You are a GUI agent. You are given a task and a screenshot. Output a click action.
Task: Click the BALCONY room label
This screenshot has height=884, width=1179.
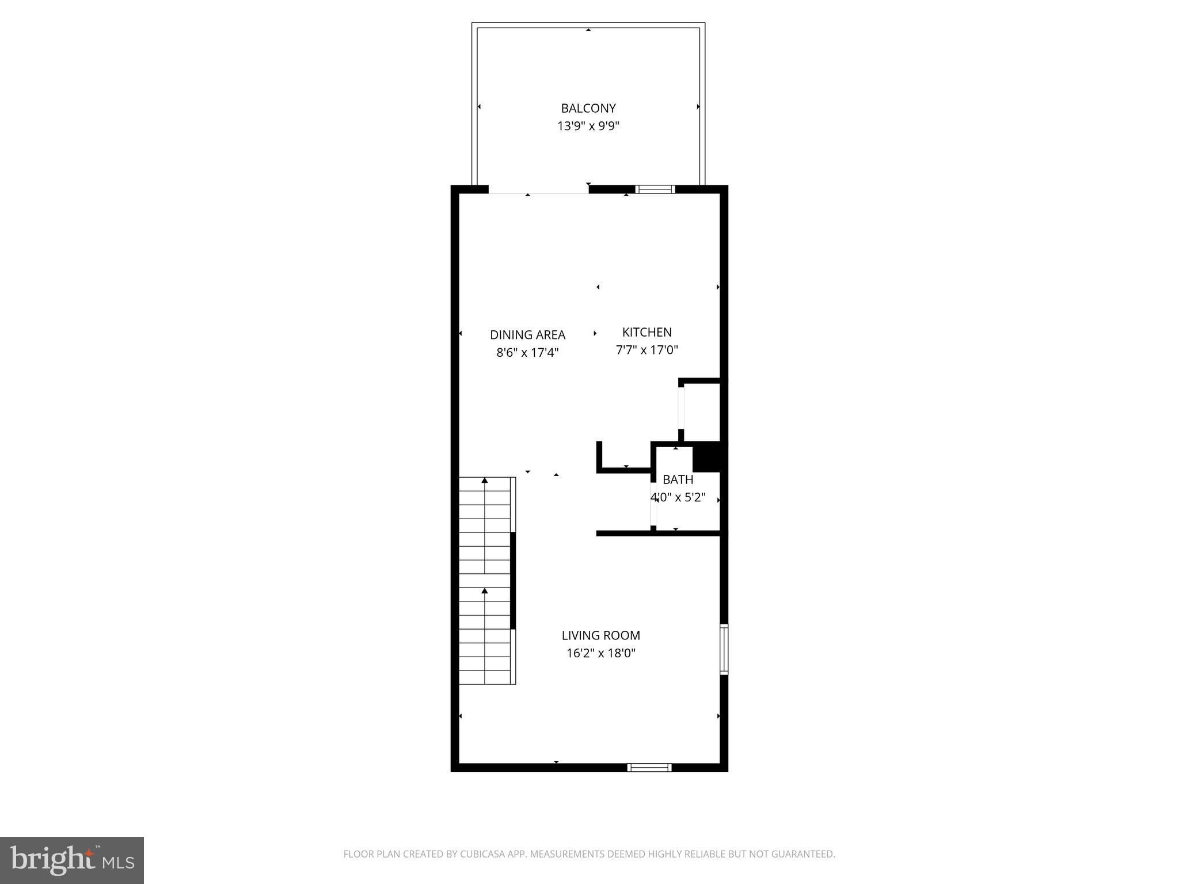[588, 108]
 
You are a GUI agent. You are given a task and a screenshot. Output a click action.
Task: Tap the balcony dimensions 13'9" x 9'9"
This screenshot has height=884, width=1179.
[588, 126]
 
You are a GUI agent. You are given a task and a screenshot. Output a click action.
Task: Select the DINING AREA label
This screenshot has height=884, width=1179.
[527, 335]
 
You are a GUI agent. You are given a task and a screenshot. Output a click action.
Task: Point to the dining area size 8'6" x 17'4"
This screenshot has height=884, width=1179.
[527, 353]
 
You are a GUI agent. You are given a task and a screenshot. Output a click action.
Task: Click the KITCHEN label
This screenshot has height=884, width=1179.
[646, 332]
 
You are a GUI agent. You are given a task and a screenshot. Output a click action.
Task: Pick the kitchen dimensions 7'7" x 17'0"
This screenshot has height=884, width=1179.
[646, 350]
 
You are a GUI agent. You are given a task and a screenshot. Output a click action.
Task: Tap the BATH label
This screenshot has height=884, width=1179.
[678, 479]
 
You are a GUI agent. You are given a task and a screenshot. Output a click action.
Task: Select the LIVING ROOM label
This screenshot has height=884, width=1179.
[600, 635]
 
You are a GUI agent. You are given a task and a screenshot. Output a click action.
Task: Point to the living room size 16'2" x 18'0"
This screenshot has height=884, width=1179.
[600, 653]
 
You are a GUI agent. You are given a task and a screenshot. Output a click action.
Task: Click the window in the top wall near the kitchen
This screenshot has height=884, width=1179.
[655, 189]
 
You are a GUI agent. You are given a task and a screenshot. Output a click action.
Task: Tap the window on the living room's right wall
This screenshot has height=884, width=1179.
[724, 649]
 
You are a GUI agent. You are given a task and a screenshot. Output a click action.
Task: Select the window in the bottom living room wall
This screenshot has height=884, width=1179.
[649, 767]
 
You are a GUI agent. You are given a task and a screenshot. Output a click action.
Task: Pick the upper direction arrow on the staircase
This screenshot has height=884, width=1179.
[485, 480]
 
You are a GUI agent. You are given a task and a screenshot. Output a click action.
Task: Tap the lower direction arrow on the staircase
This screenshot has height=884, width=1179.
[485, 590]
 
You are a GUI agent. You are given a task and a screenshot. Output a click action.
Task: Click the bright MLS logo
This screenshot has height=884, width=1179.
[72, 860]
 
